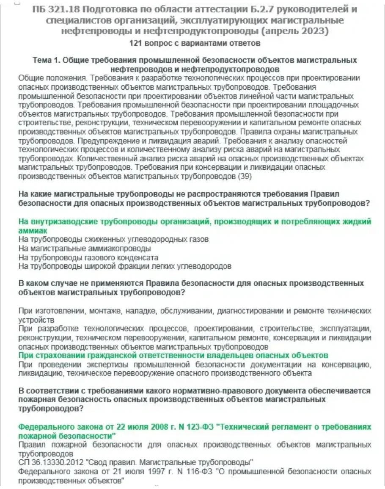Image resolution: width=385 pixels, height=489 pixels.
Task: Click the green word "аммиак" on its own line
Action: tap(33, 231)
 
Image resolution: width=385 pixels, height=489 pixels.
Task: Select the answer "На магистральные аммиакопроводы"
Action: tap(85, 249)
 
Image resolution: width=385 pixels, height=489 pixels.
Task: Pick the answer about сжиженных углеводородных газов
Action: tap(114, 240)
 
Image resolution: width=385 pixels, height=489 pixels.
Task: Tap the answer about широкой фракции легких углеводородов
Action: tap(125, 266)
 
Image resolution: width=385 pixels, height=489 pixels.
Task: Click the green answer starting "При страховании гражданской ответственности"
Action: tap(173, 355)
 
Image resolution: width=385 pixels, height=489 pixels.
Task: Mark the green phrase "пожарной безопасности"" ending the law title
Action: tap(67, 436)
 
